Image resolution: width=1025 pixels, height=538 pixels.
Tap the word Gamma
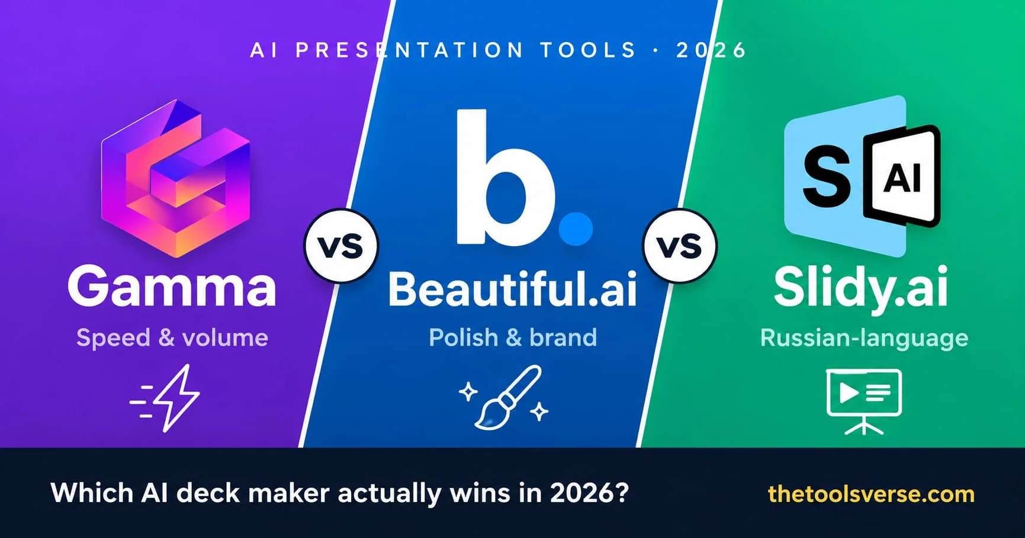click(x=172, y=287)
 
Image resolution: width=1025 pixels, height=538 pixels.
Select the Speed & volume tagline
click(x=172, y=338)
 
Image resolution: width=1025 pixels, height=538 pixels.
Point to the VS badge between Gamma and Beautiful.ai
click(x=341, y=246)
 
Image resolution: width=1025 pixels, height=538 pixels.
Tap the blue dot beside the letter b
click(x=576, y=228)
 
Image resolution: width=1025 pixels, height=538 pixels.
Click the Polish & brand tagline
click(x=513, y=338)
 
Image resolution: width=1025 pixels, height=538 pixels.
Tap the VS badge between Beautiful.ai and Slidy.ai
click(x=680, y=246)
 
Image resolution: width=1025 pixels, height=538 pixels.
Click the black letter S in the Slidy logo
click(x=827, y=176)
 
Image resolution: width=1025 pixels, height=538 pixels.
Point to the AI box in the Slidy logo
click(x=902, y=176)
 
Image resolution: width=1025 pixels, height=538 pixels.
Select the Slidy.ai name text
click(x=861, y=288)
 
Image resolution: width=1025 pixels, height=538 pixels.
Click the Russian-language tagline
click(x=864, y=338)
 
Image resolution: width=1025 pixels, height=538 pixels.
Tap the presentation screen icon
click(x=864, y=401)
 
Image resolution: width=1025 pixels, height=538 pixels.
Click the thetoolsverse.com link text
click(x=871, y=494)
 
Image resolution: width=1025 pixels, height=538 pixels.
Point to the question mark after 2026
click(x=621, y=492)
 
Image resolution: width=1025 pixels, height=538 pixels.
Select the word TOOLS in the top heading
click(x=588, y=50)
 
